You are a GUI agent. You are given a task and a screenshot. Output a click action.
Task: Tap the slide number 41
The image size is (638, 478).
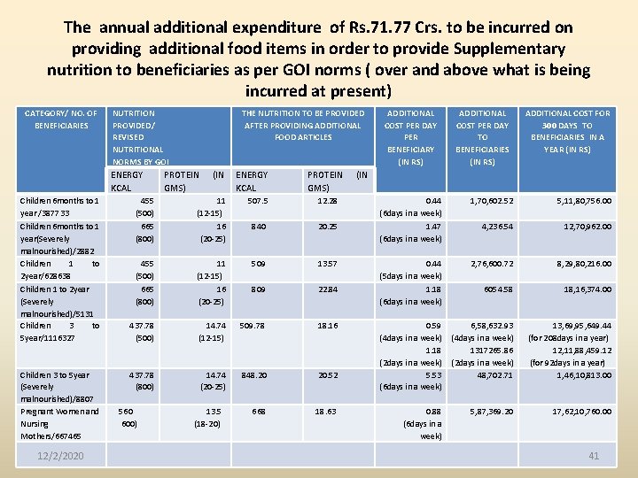tap(594, 455)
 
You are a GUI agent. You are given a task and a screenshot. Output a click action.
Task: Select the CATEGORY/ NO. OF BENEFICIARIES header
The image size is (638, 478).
tap(61, 119)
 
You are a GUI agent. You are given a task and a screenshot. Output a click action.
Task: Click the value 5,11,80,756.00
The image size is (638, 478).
tap(584, 201)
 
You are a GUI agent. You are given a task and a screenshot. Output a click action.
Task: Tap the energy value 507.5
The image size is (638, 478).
tap(258, 201)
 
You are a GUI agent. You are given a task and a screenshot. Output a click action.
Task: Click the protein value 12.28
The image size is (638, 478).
tap(327, 201)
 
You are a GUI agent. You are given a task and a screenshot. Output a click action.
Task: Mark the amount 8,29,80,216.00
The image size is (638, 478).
tap(584, 264)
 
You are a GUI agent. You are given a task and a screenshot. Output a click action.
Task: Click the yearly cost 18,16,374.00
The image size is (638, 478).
tap(587, 289)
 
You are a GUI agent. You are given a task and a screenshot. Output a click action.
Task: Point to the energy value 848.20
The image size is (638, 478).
tap(253, 374)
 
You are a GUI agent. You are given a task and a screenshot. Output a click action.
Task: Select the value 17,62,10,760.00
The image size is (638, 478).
tap(581, 412)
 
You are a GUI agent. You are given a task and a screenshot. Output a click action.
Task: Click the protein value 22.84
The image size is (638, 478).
tap(327, 289)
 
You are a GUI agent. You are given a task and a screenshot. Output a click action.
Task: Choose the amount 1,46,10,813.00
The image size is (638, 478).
tap(584, 374)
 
